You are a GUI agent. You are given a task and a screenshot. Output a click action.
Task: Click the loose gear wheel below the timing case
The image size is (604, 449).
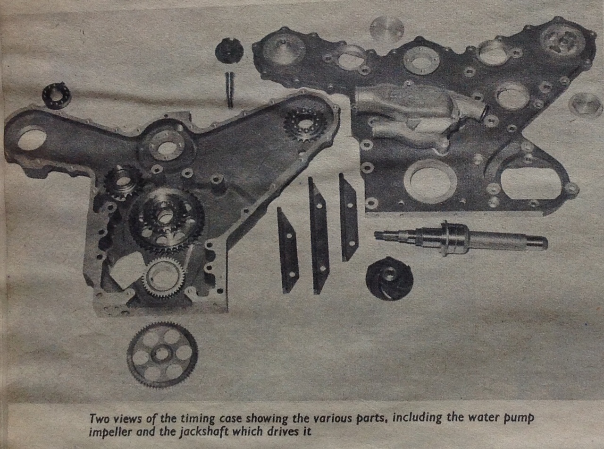(x=162, y=354)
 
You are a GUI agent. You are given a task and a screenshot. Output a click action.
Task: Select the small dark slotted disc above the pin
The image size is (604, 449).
(x=229, y=51)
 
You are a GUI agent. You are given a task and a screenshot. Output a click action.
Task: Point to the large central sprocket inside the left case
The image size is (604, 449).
(x=167, y=221)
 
